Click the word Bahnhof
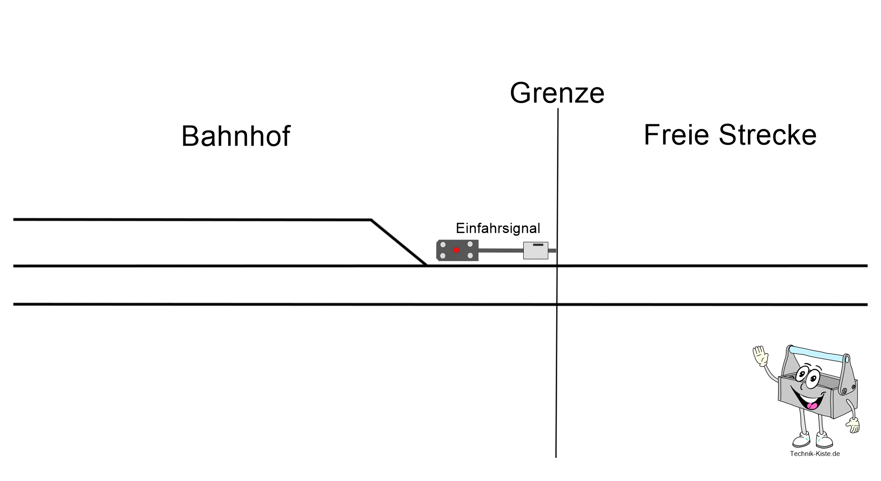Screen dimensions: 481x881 pyautogui.click(x=236, y=136)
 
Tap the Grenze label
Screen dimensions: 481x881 pyautogui.click(x=557, y=93)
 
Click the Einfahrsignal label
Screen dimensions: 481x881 pyautogui.click(x=498, y=228)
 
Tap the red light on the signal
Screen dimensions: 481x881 pyautogui.click(x=456, y=250)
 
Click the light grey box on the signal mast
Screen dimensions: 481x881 pyautogui.click(x=535, y=250)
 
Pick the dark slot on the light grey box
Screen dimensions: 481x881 pyautogui.click(x=538, y=245)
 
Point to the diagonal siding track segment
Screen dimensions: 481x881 pyautogui.click(x=399, y=243)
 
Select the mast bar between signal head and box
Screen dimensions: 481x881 pyautogui.click(x=501, y=250)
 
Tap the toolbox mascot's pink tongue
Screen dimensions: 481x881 pyautogui.click(x=812, y=405)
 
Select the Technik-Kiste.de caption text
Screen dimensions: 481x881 pyautogui.click(x=815, y=454)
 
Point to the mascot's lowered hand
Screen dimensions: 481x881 pyautogui.click(x=853, y=425)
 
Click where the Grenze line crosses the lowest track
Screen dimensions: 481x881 pyautogui.click(x=557, y=305)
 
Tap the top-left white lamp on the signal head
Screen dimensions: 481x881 pyautogui.click(x=443, y=245)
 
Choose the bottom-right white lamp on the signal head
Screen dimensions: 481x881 pyautogui.click(x=470, y=256)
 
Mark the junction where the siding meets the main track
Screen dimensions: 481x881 pyautogui.click(x=426, y=265)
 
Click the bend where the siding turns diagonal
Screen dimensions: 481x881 pyautogui.click(x=372, y=220)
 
